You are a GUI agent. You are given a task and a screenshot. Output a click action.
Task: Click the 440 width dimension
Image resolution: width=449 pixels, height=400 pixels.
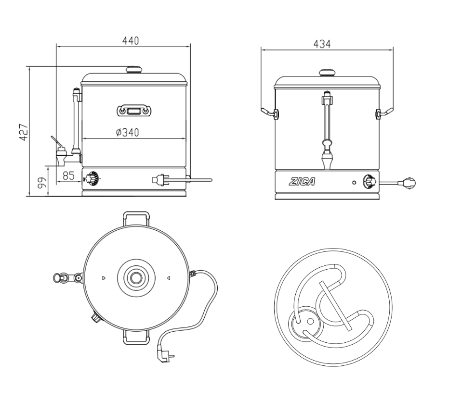point(130,41)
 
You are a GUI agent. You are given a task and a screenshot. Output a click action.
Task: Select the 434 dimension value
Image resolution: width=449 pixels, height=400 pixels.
point(322,44)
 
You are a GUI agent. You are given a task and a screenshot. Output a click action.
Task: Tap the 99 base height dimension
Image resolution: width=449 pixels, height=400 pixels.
point(42,182)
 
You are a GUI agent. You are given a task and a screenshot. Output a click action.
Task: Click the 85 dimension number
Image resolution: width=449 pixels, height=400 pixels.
point(69,176)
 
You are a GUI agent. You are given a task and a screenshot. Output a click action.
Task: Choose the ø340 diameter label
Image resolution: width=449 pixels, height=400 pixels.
point(128,132)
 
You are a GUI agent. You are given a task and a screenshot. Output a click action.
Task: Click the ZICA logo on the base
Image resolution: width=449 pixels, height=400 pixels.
point(302,182)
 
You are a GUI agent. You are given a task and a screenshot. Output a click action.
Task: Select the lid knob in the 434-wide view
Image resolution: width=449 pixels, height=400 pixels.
point(328,73)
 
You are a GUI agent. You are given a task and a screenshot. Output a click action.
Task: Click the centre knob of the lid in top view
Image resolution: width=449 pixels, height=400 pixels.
point(135,277)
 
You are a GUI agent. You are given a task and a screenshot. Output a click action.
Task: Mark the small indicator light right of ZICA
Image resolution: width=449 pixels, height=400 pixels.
point(354,183)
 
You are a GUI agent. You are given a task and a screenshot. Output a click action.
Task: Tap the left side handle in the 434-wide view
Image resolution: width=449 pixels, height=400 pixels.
point(269,113)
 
